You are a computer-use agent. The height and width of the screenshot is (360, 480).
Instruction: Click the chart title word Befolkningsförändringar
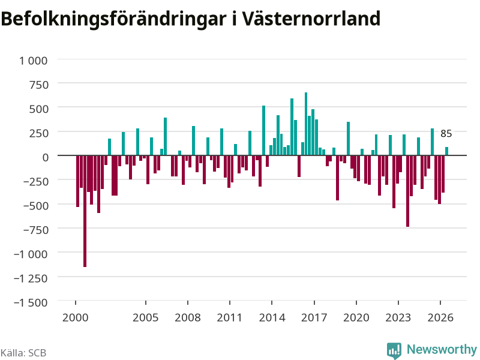pos(113,19)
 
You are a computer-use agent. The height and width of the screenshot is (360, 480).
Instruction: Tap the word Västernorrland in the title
pos(311,19)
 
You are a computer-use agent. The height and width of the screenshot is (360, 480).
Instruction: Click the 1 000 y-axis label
pos(34,61)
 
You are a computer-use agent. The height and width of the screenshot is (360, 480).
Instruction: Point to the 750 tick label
pos(39,85)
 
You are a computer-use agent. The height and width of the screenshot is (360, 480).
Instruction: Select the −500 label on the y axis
pos(36,206)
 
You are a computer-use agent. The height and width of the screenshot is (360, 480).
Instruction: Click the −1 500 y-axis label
pos(31,302)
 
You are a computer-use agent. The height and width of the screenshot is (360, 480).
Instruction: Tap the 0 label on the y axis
pos(46,157)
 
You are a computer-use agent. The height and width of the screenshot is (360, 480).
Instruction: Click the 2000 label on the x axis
pos(76,317)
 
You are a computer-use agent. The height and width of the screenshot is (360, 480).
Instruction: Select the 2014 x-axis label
pos(272,317)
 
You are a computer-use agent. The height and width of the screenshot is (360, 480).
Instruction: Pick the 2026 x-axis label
pos(440,317)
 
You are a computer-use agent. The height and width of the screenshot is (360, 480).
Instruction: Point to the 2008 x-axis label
pos(188,317)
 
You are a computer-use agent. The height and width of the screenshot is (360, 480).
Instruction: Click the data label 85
pos(446,133)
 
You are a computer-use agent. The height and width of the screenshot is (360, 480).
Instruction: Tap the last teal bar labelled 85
pos(446,151)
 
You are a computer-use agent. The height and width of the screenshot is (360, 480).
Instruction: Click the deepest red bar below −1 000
pos(85,211)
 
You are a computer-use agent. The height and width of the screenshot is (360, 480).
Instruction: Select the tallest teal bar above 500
pos(306,124)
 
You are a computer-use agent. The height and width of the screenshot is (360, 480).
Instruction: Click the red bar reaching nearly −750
pos(408,191)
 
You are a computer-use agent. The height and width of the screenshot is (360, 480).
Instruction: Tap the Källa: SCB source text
pos(23,353)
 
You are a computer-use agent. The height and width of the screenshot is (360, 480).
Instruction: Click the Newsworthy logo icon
pos(394,350)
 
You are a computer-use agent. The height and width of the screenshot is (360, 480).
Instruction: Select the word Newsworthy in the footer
pos(442,349)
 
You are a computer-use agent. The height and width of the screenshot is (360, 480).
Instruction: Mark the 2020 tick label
pos(356,317)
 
